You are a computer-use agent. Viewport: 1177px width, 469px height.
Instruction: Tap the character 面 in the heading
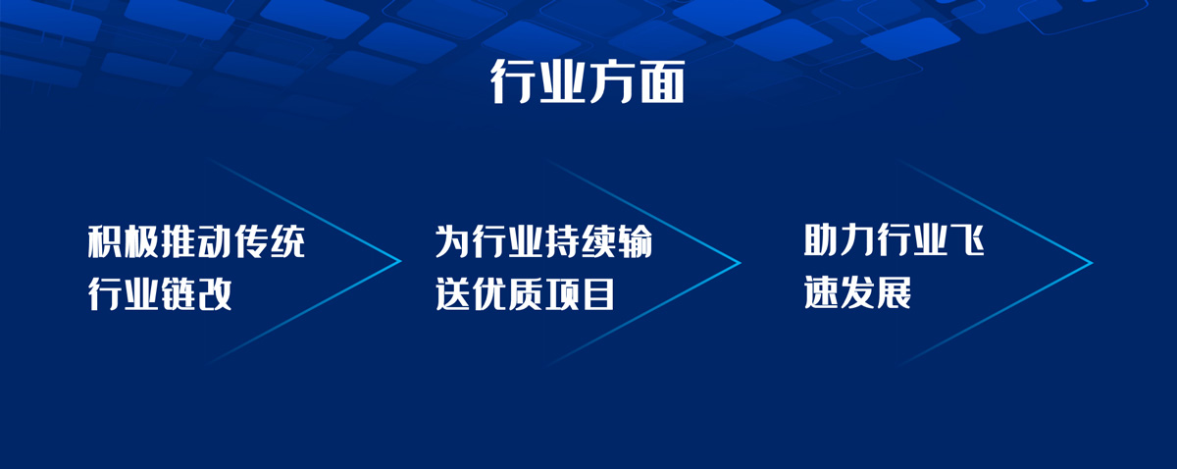coord(661,81)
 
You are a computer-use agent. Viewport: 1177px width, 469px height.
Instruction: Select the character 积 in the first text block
coord(105,241)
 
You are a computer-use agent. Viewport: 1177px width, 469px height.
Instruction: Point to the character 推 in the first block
coord(179,241)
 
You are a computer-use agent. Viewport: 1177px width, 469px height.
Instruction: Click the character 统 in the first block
coord(287,241)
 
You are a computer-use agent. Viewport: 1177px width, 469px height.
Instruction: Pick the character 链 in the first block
coord(179,293)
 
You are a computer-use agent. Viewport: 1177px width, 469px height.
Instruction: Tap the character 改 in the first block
coord(215,293)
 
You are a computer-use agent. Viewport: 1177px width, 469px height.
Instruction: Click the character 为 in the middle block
coord(452,241)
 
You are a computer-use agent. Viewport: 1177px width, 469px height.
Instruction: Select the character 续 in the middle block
coord(598,241)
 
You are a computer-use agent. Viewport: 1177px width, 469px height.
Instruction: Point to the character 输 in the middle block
coord(635,241)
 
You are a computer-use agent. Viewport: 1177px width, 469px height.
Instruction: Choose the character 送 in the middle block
coord(452,293)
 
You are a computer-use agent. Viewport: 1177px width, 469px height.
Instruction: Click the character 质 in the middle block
coord(526,293)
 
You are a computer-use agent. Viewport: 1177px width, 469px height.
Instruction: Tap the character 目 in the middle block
coord(598,293)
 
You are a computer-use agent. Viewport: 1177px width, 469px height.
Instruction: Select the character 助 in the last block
coord(821,239)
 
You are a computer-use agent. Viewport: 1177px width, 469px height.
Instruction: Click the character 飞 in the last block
coord(967,239)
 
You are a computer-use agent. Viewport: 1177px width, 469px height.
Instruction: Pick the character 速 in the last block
coord(821,291)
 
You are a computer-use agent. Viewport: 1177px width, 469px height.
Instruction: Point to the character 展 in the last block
coord(895,291)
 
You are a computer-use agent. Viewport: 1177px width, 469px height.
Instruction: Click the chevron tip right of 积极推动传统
coord(400,260)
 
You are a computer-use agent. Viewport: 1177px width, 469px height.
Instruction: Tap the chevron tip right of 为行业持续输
coord(740,262)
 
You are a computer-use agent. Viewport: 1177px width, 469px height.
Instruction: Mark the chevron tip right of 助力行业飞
coord(1092,262)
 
